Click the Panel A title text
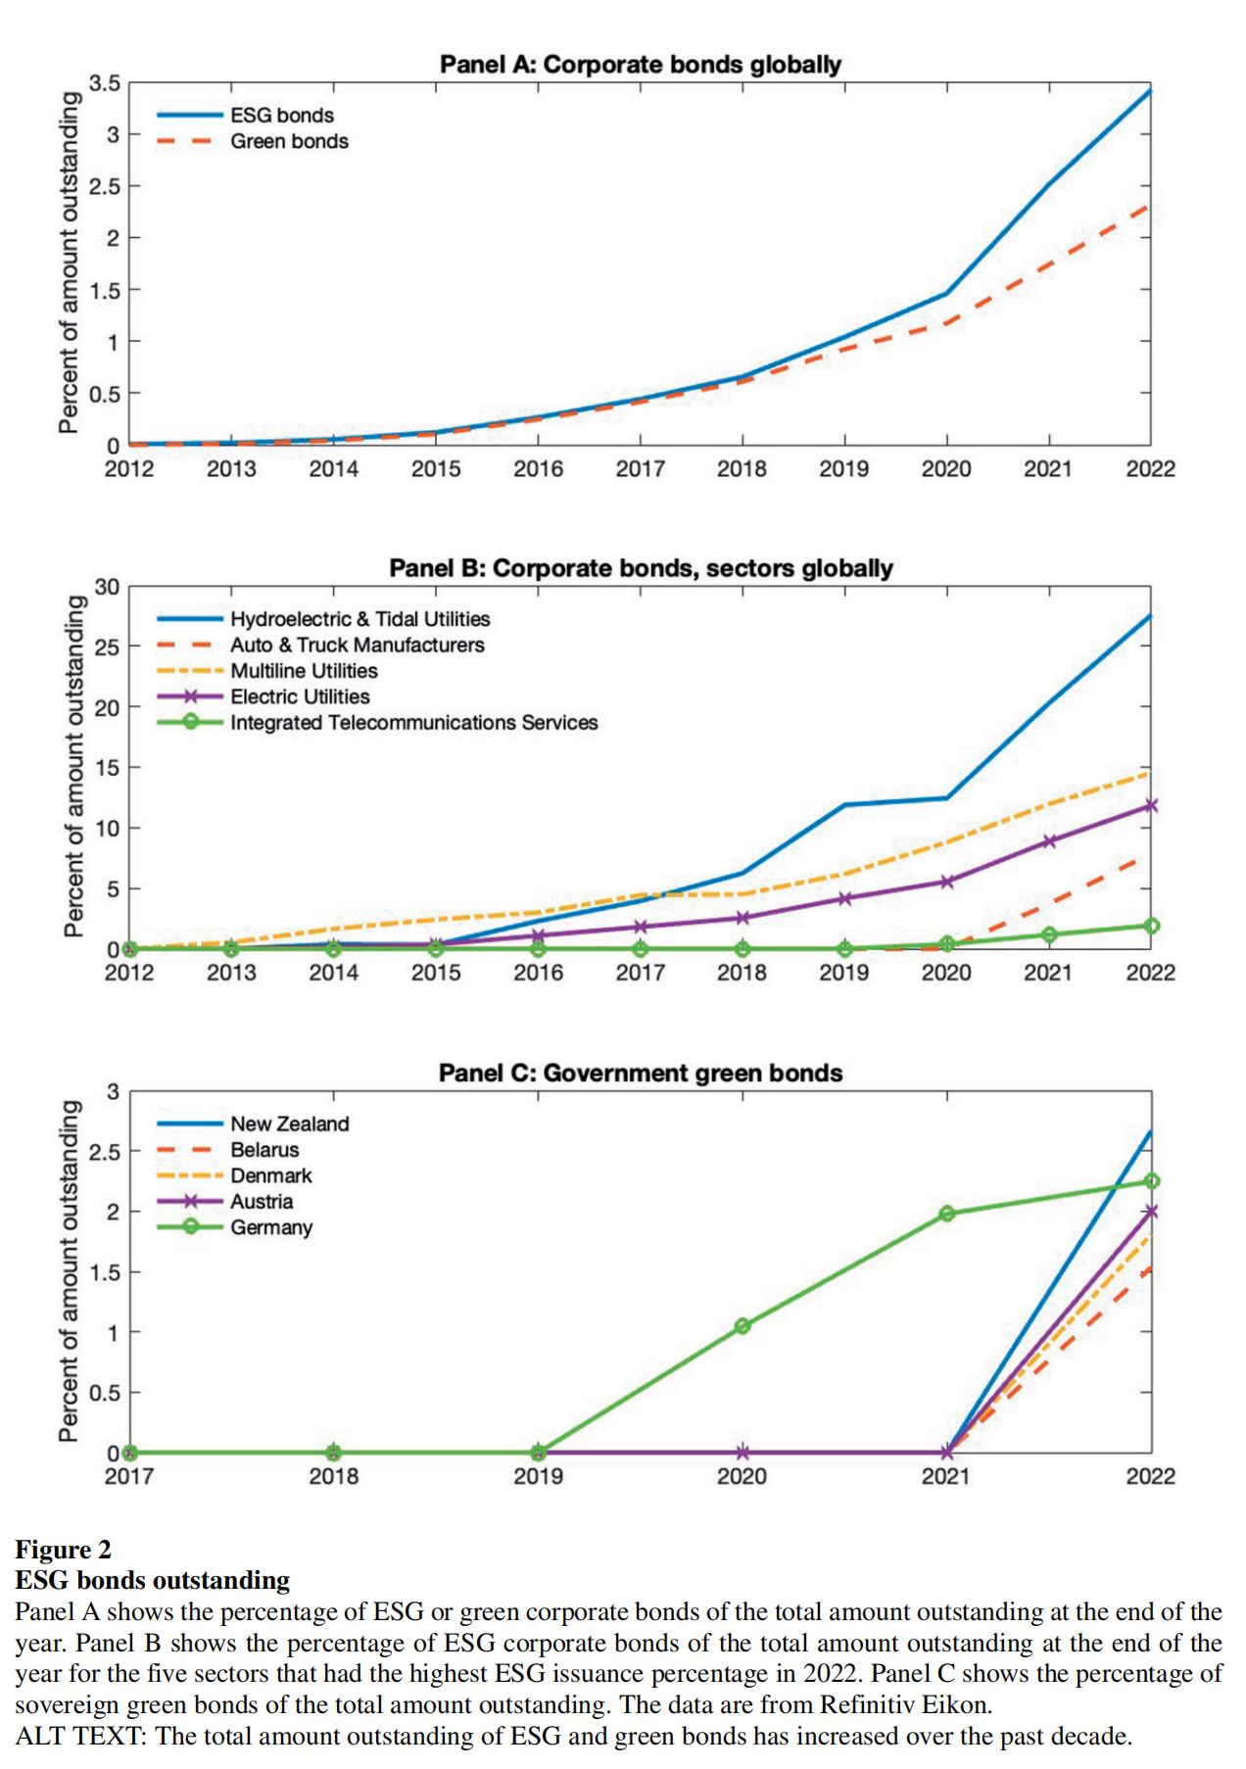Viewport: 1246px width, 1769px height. click(640, 65)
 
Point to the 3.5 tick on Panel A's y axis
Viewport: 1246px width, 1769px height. click(105, 83)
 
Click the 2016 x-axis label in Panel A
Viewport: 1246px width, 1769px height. click(538, 469)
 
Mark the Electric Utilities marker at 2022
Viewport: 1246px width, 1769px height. click(1151, 805)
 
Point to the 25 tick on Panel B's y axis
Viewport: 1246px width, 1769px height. click(107, 647)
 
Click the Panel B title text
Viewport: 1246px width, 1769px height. click(641, 569)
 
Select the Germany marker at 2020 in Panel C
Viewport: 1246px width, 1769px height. click(743, 1326)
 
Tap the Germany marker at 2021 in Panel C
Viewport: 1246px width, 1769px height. click(947, 1214)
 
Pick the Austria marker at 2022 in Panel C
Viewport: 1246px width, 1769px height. click(1151, 1212)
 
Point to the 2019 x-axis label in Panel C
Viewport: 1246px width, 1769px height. click(538, 1476)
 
